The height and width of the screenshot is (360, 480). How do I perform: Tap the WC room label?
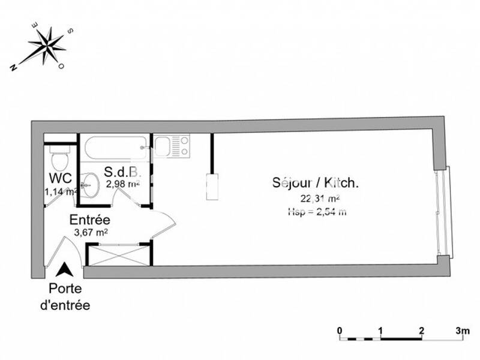[x=60, y=178]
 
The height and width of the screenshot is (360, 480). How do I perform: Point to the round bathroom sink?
[x=90, y=184]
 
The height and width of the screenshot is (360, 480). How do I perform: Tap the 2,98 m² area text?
[x=122, y=184]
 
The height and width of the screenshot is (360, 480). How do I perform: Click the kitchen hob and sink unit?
[x=173, y=146]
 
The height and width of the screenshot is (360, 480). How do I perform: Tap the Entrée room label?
[x=89, y=219]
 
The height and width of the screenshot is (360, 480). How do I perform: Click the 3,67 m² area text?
[x=90, y=232]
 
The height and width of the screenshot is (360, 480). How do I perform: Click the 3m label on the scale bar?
[x=461, y=330]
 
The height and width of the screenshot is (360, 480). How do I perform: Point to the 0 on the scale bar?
[x=340, y=330]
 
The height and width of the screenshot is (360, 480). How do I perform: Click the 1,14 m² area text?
[x=60, y=192]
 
